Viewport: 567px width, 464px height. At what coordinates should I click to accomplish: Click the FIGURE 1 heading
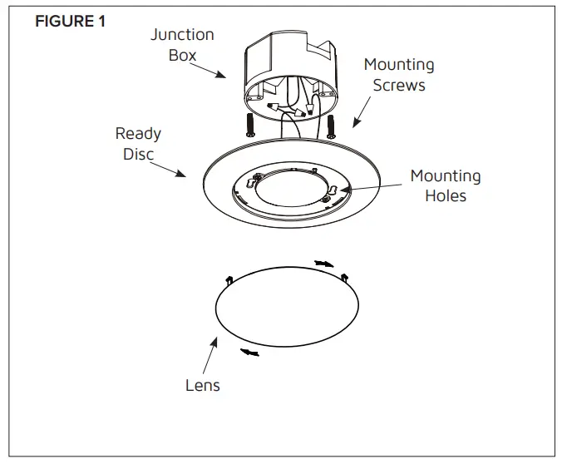70,22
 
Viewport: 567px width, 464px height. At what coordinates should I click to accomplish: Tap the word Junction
182,35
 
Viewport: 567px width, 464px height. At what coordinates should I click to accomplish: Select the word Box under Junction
182,55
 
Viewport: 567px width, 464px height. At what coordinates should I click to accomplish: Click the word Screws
398,85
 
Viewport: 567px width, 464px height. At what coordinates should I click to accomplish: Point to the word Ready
138,133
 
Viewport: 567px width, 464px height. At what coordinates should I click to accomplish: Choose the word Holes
445,196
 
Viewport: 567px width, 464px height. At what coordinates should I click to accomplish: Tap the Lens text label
202,385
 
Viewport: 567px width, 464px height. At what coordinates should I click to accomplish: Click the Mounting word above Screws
398,65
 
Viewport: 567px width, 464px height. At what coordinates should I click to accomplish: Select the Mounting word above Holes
445,176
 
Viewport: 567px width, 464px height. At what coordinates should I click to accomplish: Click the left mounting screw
250,126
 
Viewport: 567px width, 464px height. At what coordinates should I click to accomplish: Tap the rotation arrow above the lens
323,264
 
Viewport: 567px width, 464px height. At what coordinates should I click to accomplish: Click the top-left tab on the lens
229,279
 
